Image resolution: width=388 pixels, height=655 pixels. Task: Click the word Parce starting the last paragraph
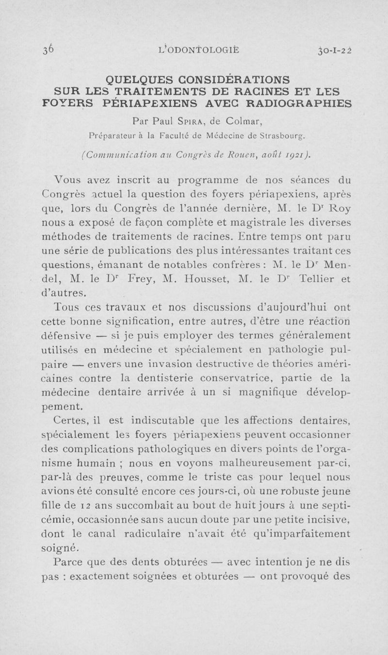click(x=67, y=562)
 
